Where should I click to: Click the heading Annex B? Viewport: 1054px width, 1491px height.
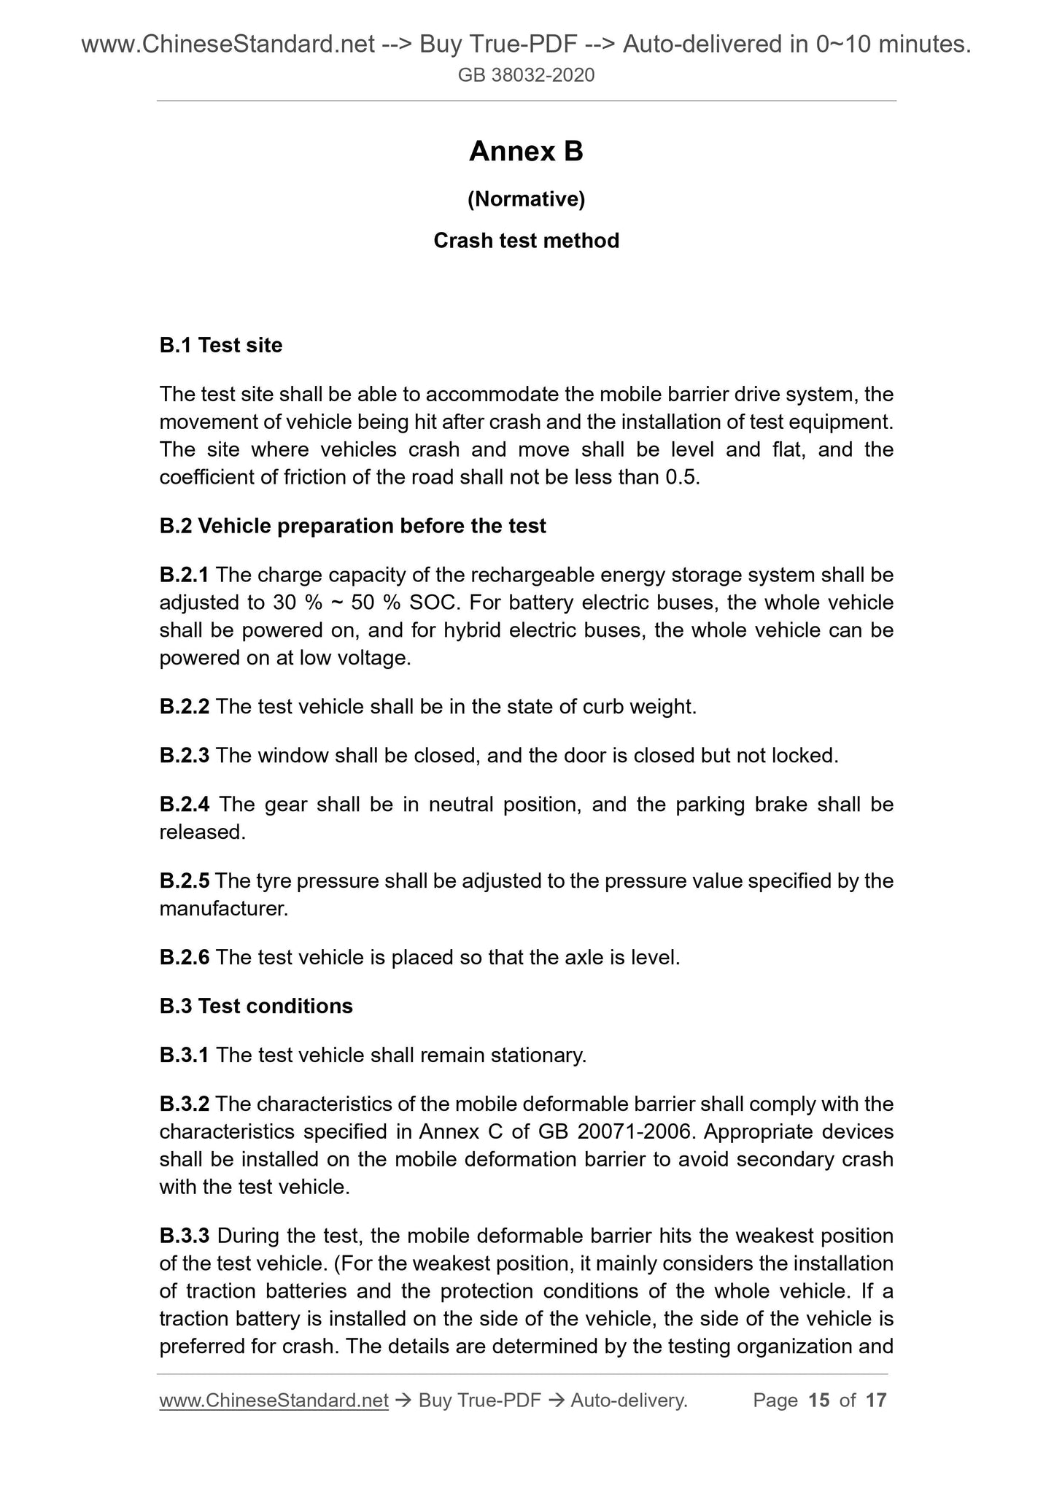(x=526, y=152)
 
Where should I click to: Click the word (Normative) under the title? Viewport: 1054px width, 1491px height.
(x=526, y=198)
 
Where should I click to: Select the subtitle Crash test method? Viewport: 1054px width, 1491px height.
(x=526, y=241)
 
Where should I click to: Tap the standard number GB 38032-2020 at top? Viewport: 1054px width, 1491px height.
(x=526, y=75)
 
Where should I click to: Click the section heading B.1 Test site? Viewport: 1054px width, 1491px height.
(x=221, y=345)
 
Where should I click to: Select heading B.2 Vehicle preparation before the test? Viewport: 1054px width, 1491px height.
(x=352, y=526)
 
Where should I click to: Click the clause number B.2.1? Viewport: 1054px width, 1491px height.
(x=184, y=576)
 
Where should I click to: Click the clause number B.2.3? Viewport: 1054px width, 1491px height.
(x=184, y=756)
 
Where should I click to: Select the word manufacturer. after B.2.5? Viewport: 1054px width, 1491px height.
(x=223, y=909)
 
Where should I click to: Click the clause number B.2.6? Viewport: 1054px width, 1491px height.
(x=184, y=958)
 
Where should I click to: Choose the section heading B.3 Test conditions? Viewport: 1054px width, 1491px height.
(x=256, y=1007)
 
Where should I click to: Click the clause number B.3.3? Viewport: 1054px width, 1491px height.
(x=184, y=1236)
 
